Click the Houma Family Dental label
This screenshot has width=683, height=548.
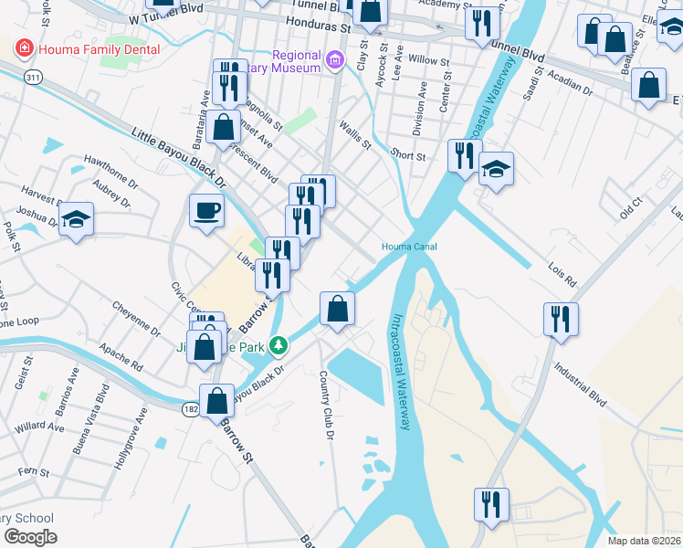[98, 48]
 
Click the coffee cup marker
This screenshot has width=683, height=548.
[206, 212]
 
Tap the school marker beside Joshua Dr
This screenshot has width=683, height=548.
[77, 220]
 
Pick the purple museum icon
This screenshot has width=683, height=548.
[335, 61]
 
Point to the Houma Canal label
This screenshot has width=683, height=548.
[409, 247]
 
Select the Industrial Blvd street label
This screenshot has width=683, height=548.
[580, 384]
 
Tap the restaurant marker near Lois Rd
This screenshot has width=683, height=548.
[561, 320]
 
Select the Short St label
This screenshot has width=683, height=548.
[408, 156]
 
